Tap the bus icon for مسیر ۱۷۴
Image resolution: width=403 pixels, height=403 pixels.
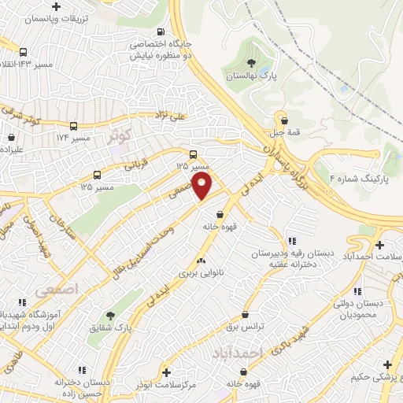[74, 126]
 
